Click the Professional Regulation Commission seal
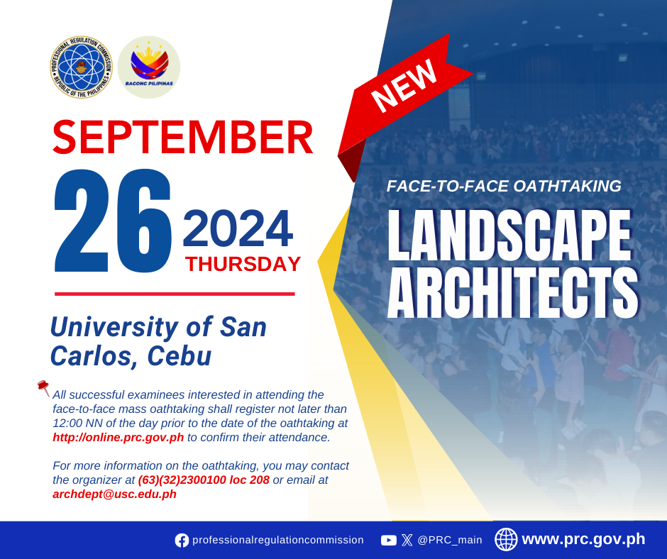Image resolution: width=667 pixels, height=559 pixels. point(82,67)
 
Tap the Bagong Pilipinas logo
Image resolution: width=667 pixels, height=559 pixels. point(149,67)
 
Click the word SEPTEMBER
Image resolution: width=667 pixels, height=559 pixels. point(183,138)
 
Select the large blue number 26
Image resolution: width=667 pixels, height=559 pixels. point(113,221)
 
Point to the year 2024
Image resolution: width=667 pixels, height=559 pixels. point(238,228)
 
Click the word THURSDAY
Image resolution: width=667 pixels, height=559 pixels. point(243,264)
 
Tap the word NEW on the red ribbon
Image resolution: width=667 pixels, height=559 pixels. point(404,86)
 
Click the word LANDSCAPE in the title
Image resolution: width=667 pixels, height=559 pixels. point(509,235)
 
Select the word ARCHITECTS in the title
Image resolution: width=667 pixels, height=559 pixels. point(513,293)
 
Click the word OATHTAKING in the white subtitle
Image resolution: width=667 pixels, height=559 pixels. point(568,186)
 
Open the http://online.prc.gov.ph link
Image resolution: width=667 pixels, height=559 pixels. point(118,437)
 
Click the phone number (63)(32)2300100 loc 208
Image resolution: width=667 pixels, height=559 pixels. point(204,480)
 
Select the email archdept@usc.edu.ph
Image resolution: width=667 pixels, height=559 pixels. point(114,494)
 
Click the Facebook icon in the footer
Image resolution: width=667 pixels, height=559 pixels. point(182,541)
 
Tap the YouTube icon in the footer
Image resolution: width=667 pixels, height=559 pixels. point(388,541)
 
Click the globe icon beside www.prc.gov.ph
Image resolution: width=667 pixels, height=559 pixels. point(506,539)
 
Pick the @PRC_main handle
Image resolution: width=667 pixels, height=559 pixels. point(450,540)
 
